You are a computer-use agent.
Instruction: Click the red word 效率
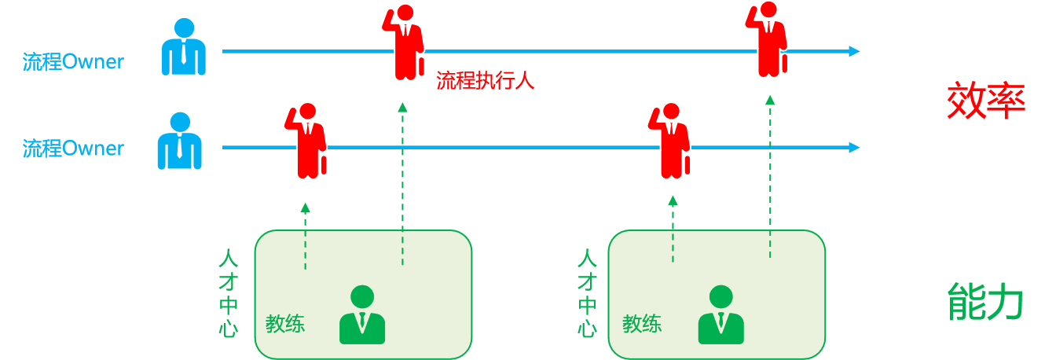(984, 101)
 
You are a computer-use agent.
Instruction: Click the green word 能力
(984, 302)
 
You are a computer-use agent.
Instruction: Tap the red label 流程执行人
(485, 81)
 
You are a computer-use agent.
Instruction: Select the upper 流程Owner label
(72, 62)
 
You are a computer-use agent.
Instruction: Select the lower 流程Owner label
(72, 149)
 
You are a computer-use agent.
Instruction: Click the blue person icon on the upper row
(183, 47)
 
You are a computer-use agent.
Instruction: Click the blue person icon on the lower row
(180, 141)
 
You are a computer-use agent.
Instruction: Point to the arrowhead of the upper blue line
(855, 52)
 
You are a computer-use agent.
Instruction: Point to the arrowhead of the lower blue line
(855, 148)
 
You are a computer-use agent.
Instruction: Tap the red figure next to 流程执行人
(405, 42)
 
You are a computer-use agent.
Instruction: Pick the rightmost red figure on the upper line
(767, 39)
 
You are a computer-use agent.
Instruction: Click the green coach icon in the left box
(362, 315)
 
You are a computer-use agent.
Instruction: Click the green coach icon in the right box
(720, 315)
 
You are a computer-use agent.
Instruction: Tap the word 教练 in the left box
(285, 323)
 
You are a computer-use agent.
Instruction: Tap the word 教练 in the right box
(642, 323)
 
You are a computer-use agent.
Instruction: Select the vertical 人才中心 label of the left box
(228, 293)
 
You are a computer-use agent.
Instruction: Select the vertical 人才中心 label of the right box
(586, 293)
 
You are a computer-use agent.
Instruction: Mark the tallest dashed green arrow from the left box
(402, 185)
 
